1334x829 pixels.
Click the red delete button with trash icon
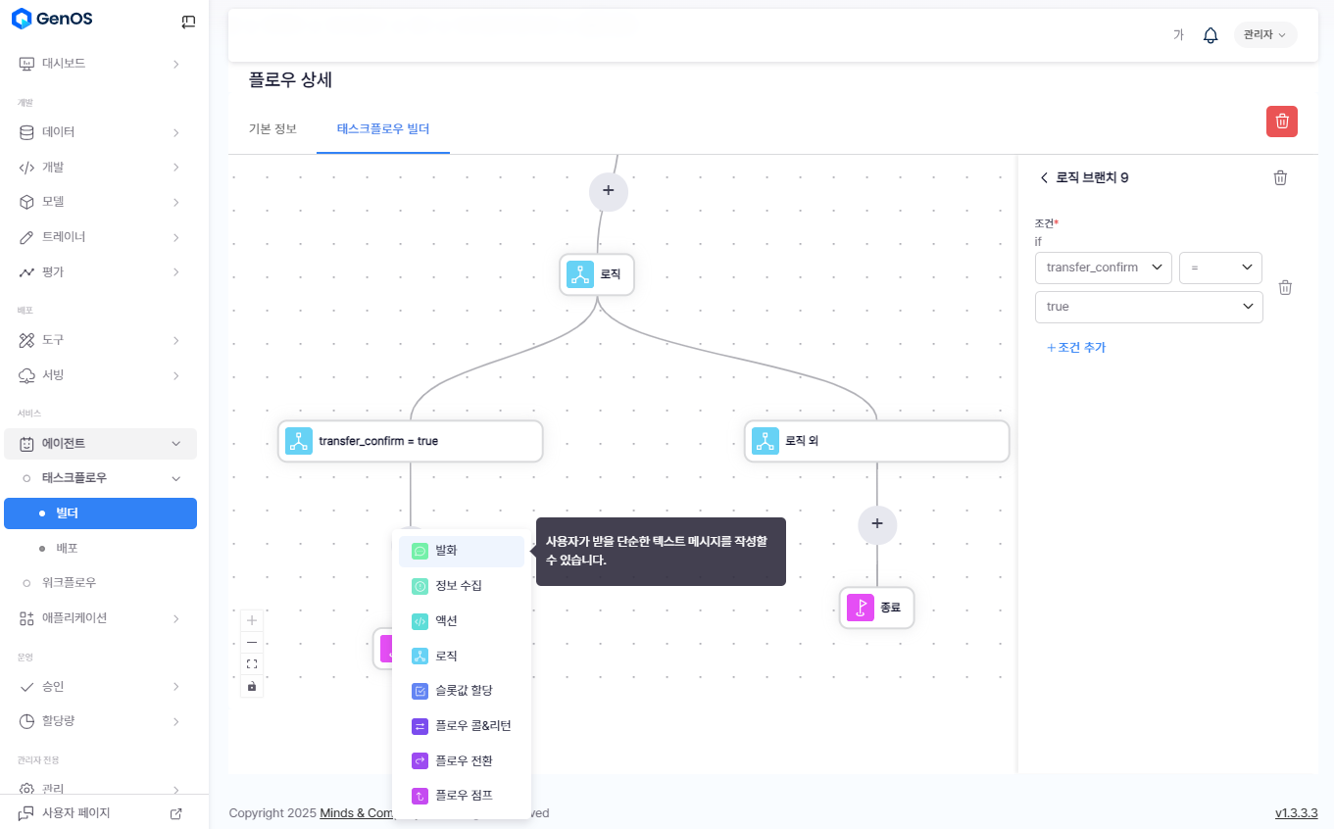tap(1281, 122)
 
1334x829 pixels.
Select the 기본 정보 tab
tap(272, 129)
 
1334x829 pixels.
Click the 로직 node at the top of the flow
tap(597, 275)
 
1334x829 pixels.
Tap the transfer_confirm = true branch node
tap(410, 441)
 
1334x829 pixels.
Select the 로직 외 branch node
tap(876, 441)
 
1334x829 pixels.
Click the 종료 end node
tap(877, 608)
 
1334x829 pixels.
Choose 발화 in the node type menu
tap(461, 551)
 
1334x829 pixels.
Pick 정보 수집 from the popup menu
tap(461, 586)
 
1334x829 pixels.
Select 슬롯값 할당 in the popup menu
tap(461, 691)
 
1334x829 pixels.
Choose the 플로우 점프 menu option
tap(461, 796)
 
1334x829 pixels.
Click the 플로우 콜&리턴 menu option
tap(461, 726)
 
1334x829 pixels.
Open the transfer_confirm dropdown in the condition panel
tap(1103, 268)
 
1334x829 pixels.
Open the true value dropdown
tap(1148, 307)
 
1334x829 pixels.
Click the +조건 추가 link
tap(1076, 348)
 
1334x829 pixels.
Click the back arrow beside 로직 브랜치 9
tap(1044, 178)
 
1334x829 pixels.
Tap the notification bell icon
tap(1210, 35)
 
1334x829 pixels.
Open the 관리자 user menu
tap(1264, 35)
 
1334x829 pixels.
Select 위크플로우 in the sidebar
tap(69, 583)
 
